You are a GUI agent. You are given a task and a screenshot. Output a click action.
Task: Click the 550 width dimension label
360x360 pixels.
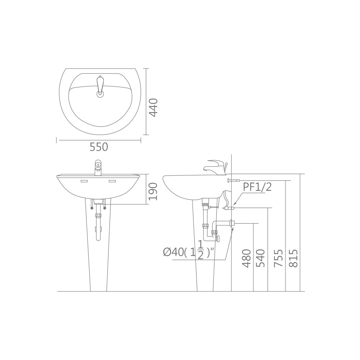99,147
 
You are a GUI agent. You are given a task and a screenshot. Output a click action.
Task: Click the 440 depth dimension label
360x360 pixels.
153,107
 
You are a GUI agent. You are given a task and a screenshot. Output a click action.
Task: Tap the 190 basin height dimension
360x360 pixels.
153,192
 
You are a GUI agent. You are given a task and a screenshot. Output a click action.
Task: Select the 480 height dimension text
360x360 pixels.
247,258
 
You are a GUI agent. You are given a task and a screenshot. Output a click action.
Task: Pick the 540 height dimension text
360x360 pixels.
260,258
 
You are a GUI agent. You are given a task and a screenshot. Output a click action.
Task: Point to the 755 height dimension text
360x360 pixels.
279,258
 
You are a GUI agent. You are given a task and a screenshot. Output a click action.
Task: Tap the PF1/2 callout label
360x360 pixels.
257,187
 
